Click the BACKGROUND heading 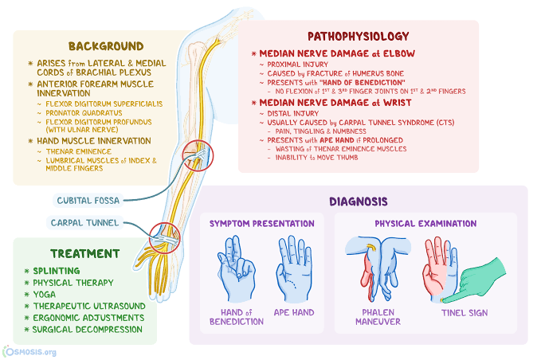click(106, 45)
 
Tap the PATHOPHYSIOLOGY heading click(358, 36)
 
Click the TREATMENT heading click(84, 253)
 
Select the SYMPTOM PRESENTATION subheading click(261, 224)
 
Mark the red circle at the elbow click(198, 154)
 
